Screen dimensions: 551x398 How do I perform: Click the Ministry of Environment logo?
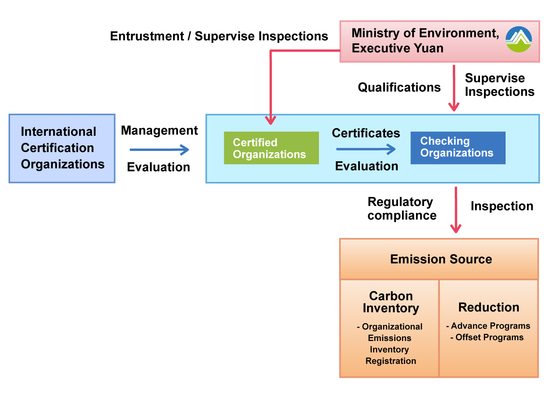pyautogui.click(x=518, y=39)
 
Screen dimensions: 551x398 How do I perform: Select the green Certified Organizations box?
pyautogui.click(x=271, y=148)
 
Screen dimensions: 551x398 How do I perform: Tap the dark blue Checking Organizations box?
pyautogui.click(x=458, y=148)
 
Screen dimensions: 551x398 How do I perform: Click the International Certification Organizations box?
pyautogui.click(x=62, y=148)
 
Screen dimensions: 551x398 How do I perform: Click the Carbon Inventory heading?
pyautogui.click(x=391, y=302)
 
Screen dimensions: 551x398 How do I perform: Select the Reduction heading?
pyautogui.click(x=489, y=307)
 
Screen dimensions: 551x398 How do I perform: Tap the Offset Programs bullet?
pyautogui.click(x=487, y=337)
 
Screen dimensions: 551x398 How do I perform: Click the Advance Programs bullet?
pyautogui.click(x=488, y=326)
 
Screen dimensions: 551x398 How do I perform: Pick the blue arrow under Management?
pyautogui.click(x=159, y=150)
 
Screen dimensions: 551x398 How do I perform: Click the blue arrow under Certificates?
pyautogui.click(x=366, y=149)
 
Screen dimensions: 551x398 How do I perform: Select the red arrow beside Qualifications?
pyautogui.click(x=454, y=88)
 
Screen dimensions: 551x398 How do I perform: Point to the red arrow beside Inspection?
pyautogui.click(x=456, y=210)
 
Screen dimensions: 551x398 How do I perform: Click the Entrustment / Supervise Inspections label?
pyautogui.click(x=219, y=36)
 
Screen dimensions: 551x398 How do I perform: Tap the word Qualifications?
pyautogui.click(x=399, y=87)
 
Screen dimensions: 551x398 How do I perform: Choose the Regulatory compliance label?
pyautogui.click(x=402, y=209)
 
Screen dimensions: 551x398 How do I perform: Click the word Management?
pyautogui.click(x=159, y=130)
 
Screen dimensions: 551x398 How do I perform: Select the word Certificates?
pyautogui.click(x=366, y=133)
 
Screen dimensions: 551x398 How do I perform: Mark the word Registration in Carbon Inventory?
pyautogui.click(x=391, y=361)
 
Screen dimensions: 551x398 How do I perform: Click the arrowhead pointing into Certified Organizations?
pyautogui.click(x=270, y=121)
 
